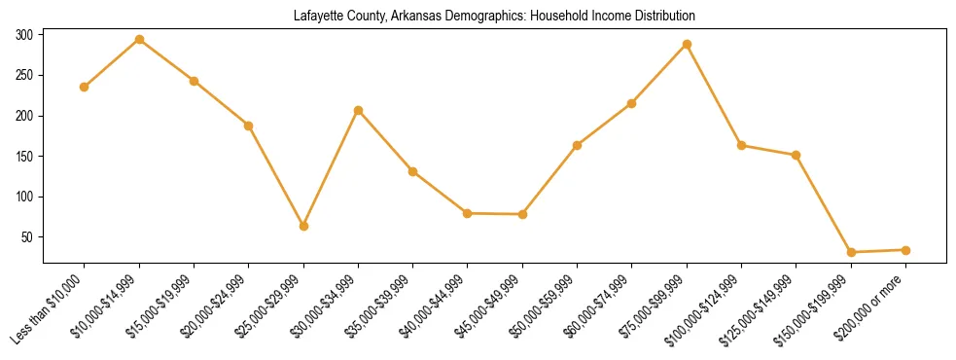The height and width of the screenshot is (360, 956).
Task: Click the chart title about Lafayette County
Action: (494, 16)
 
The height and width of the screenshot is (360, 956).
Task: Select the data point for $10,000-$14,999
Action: (139, 40)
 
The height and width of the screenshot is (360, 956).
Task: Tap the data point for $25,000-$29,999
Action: (303, 226)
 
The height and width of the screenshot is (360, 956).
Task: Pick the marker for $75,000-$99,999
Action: (687, 44)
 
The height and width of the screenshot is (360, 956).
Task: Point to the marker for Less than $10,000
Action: (85, 87)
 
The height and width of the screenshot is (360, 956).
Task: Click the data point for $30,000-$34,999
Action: (358, 110)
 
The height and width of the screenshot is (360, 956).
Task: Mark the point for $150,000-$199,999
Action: (851, 252)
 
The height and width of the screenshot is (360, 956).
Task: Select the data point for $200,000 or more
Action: (905, 250)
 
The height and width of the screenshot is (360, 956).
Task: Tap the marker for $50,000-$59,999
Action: (577, 145)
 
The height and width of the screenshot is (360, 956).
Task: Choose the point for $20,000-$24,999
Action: (249, 126)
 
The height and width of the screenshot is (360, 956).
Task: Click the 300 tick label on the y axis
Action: (24, 35)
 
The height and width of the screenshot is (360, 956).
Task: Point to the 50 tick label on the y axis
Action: (27, 237)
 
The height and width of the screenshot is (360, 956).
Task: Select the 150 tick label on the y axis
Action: (24, 157)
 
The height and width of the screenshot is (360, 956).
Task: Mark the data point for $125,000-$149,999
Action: (796, 155)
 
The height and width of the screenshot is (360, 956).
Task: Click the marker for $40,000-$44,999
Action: (468, 213)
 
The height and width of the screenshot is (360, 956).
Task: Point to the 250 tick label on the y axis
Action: (24, 76)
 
